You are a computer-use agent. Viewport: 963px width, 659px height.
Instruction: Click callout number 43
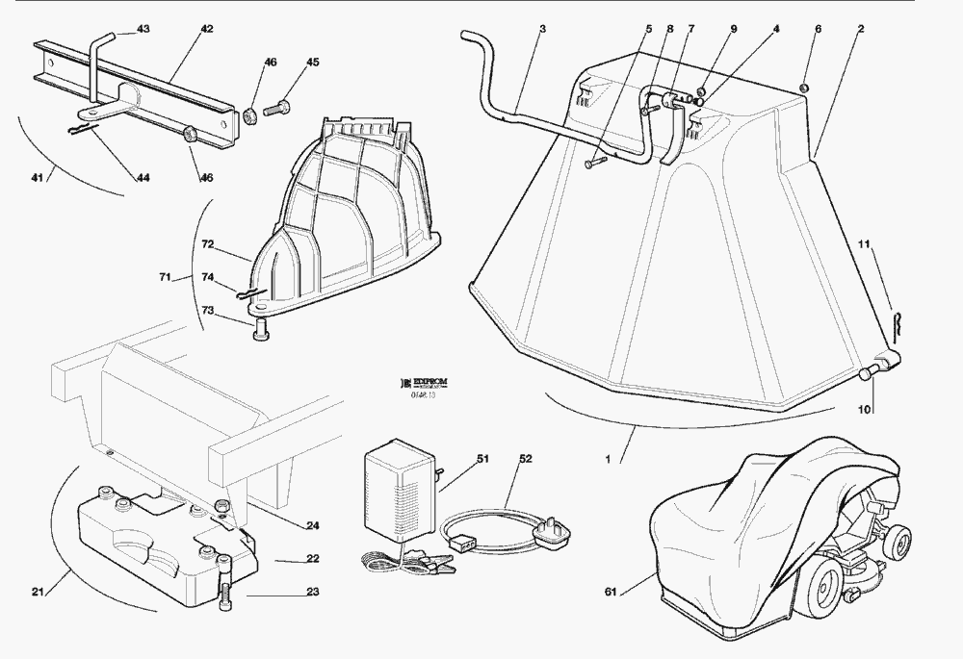pyautogui.click(x=143, y=30)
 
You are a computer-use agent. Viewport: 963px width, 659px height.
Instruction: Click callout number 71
pyautogui.click(x=165, y=277)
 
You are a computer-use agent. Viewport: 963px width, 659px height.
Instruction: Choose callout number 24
pyautogui.click(x=312, y=525)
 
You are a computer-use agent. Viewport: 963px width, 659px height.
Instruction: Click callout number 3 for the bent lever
pyautogui.click(x=542, y=30)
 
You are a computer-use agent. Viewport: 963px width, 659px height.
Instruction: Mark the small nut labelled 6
pyautogui.click(x=804, y=89)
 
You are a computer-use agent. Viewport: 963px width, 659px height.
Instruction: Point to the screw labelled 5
pyautogui.click(x=590, y=166)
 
